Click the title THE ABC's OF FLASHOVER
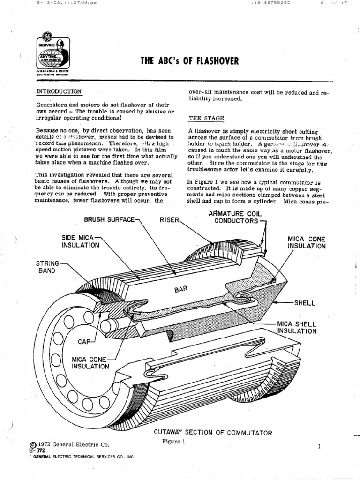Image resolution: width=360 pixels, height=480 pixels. [x=190, y=61]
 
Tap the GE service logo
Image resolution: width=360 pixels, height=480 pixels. [x=52, y=55]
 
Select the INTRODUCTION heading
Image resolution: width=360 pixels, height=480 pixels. [x=59, y=91]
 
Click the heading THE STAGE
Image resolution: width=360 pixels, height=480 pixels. [x=206, y=118]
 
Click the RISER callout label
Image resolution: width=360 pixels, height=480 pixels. [x=169, y=219]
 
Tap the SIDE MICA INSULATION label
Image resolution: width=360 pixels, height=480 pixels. [x=80, y=241]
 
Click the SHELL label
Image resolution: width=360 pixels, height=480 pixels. [x=305, y=303]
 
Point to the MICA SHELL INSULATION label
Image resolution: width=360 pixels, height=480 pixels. [x=297, y=327]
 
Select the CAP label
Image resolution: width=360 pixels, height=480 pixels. [x=85, y=342]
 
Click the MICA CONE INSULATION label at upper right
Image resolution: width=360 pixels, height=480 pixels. [x=307, y=242]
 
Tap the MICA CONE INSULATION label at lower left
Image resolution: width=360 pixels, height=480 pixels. [x=90, y=363]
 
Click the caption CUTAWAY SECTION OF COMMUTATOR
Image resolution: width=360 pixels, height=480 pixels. [x=213, y=433]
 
